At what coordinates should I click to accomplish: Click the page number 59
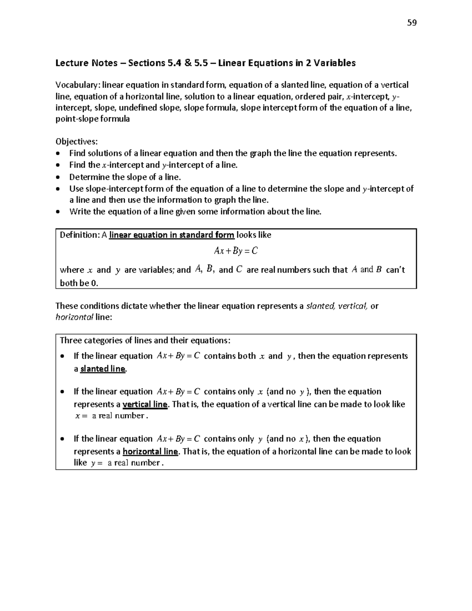pos(412,23)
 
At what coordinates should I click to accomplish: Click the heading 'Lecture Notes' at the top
pos(86,63)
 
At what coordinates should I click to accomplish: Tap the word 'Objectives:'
pos(77,142)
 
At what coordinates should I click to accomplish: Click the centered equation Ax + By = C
pos(236,251)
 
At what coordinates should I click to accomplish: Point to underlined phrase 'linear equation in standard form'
pos(171,235)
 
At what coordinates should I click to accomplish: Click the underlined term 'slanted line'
pos(103,369)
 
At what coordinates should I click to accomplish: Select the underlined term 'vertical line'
pos(145,404)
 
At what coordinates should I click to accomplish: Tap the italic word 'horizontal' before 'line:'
pos(74,317)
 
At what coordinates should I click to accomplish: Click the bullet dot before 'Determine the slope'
pos(59,177)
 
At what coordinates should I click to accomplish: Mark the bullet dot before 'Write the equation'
pos(59,212)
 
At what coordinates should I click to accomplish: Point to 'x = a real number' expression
pos(111,416)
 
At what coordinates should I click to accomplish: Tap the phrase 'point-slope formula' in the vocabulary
pos(92,119)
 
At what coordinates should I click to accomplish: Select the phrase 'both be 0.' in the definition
pos(79,283)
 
